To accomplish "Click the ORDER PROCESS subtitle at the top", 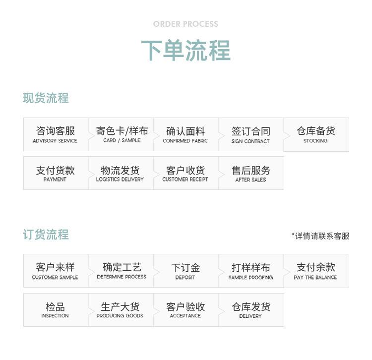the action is (x=186, y=24).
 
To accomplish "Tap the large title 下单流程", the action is (x=186, y=50).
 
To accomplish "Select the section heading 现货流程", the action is (x=46, y=98).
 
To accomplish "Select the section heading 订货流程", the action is (x=46, y=235).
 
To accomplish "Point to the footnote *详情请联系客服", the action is (x=320, y=236).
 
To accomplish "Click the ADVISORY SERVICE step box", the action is (x=56, y=134).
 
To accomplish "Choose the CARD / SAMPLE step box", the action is (x=121, y=134).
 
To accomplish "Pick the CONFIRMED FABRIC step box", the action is (x=186, y=134).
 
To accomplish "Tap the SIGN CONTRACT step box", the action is (x=251, y=134).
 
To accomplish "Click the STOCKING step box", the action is (x=316, y=134).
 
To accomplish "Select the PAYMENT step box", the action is (x=56, y=173).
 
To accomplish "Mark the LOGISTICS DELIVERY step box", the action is (x=121, y=173).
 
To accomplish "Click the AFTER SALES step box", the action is (x=251, y=173).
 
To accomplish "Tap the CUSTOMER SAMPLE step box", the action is (x=56, y=271).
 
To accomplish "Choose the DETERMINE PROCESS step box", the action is (x=121, y=271).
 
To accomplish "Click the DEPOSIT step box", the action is (x=186, y=271).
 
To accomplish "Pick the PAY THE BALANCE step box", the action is (x=316, y=271).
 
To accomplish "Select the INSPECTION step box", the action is (x=56, y=310).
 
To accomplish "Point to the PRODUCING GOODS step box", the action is (x=121, y=310).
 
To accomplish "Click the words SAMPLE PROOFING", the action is (x=250, y=278).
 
